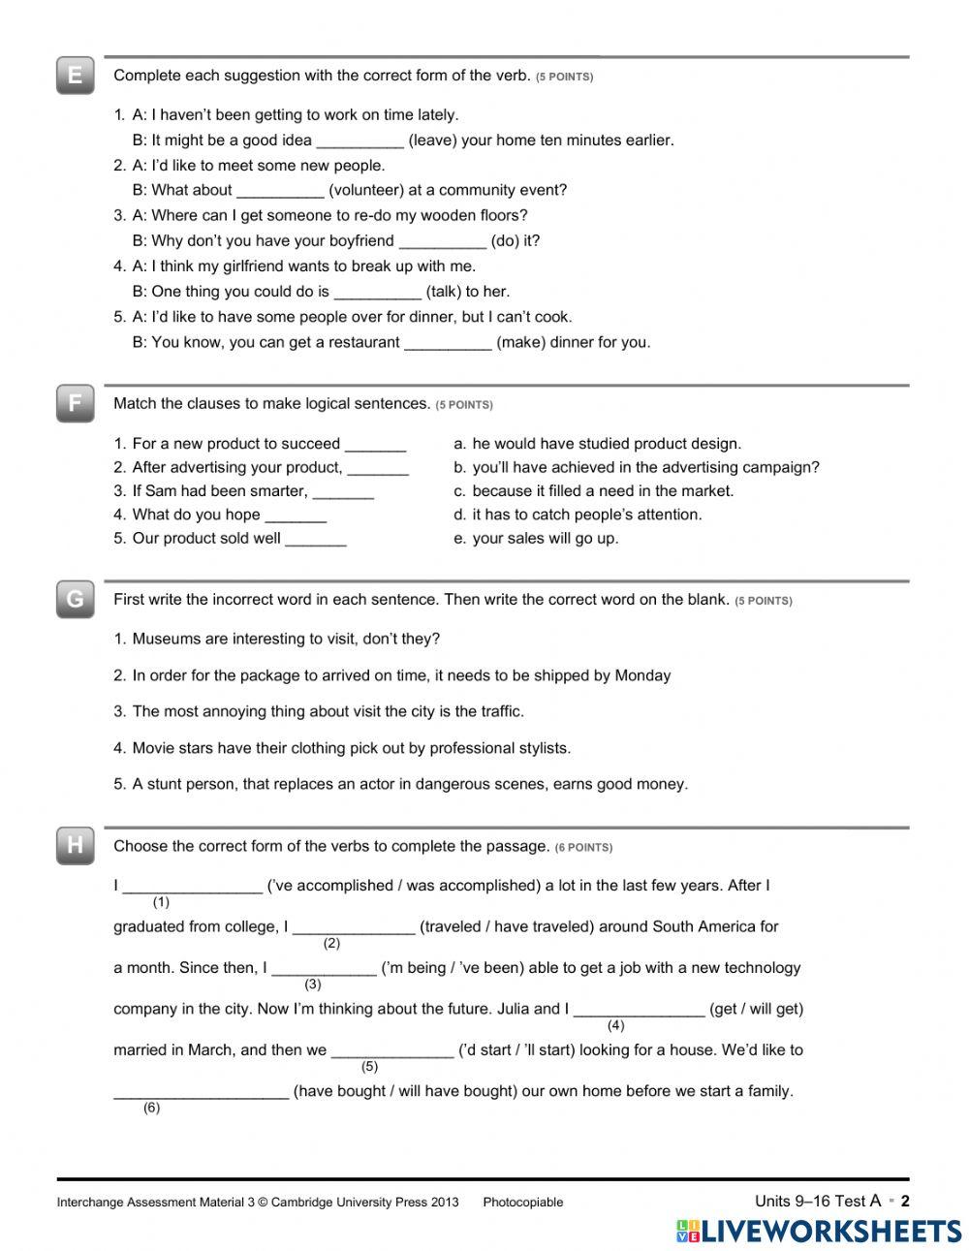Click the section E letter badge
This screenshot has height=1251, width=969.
(x=75, y=76)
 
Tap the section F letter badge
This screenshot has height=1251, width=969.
(x=75, y=403)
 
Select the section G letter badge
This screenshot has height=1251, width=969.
(x=75, y=599)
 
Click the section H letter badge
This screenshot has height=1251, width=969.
(x=75, y=846)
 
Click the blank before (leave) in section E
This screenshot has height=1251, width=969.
(x=359, y=141)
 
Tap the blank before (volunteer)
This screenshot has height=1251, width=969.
(x=280, y=192)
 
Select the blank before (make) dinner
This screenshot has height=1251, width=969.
(x=448, y=343)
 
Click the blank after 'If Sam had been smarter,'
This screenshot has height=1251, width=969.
(x=343, y=492)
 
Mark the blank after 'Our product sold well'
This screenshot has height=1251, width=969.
(x=316, y=540)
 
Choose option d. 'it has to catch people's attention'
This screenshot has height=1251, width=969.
(x=586, y=515)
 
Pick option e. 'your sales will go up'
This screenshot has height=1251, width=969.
(x=544, y=539)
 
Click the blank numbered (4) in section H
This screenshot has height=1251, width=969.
(x=639, y=1011)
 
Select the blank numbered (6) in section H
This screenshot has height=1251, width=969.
(x=201, y=1093)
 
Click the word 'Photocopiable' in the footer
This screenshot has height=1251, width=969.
(x=522, y=1203)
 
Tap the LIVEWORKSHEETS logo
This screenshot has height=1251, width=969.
(x=818, y=1231)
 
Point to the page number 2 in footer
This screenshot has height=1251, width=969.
(x=905, y=1202)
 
